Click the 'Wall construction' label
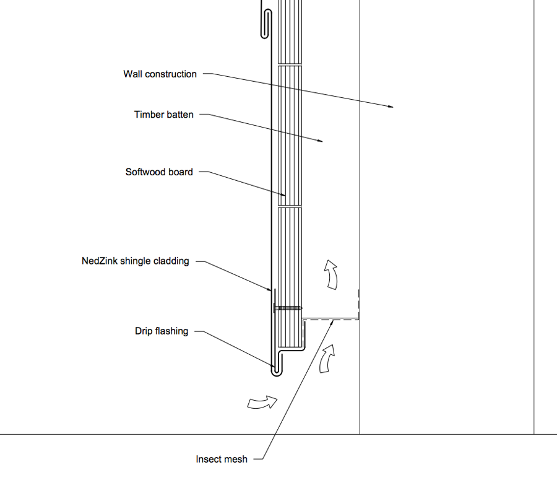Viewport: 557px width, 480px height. [160, 74]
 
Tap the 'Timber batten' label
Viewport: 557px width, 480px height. [164, 115]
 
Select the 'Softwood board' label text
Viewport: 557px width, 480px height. [159, 172]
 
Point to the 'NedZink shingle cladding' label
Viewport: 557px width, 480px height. [136, 261]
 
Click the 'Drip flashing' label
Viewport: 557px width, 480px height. [162, 331]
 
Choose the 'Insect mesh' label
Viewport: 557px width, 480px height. [222, 459]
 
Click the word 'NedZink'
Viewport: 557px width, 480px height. [100, 261]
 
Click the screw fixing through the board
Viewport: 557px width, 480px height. [288, 308]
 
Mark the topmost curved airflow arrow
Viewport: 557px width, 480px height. [332, 274]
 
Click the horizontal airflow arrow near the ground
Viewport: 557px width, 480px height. [262, 403]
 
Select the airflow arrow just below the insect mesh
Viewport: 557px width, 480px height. [327, 359]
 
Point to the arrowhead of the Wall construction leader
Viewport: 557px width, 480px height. [391, 106]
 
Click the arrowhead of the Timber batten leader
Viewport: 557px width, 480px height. [321, 141]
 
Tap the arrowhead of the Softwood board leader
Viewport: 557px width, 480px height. [283, 194]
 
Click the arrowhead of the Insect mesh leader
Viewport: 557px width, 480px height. [332, 322]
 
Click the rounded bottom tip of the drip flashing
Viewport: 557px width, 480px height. [276, 373]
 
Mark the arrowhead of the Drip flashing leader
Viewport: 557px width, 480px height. [272, 365]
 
